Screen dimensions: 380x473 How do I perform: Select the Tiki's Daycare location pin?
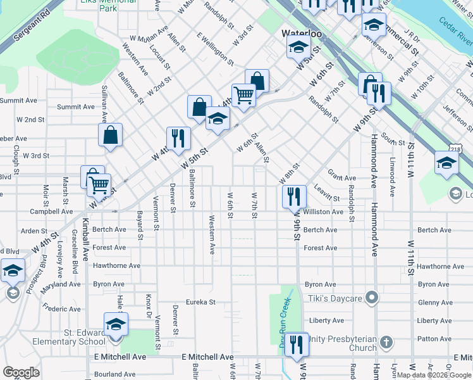point(372,297)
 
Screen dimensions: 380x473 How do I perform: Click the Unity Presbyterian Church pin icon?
point(386,343)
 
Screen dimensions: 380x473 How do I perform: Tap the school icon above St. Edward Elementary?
point(116,325)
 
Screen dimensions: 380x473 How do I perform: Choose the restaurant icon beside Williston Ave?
point(294,196)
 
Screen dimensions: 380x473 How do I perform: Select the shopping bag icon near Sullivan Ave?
point(110,135)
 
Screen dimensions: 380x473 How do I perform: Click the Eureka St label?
point(200,302)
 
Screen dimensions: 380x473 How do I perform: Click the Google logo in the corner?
point(21,372)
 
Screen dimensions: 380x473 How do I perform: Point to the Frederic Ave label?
point(61,309)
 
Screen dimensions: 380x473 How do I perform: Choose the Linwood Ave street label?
point(393,177)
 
